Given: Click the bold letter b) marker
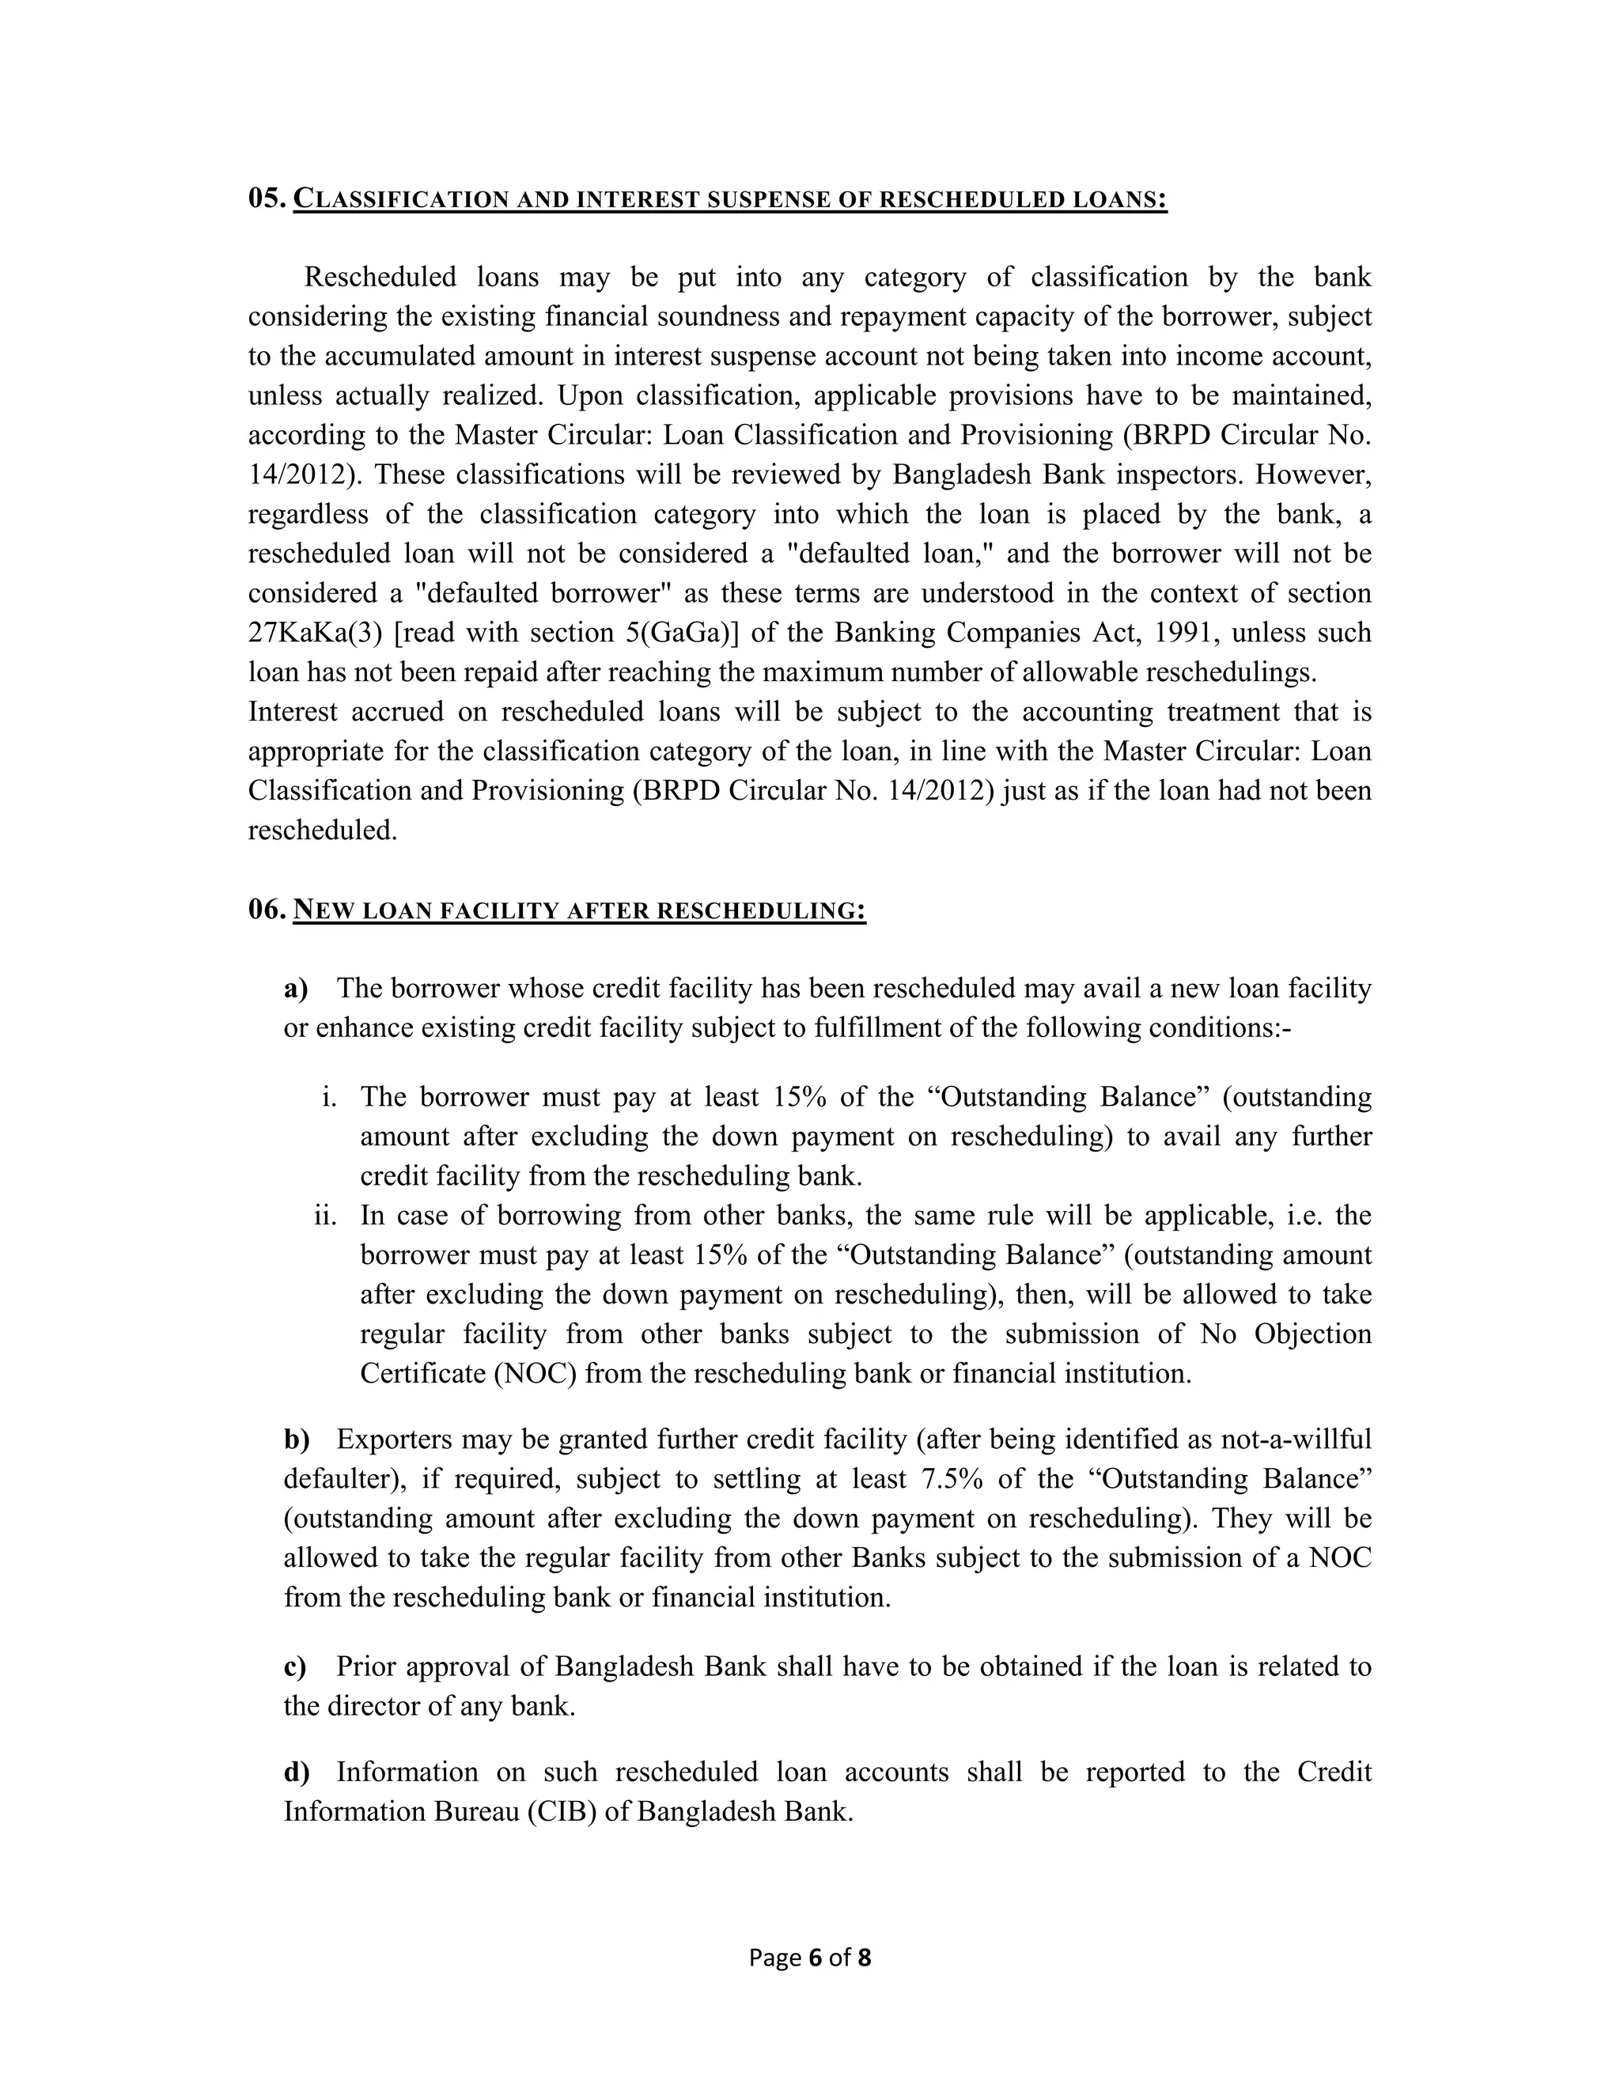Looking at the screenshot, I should [297, 1440].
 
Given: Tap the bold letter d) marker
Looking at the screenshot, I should [297, 1773].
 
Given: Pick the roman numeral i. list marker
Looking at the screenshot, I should [329, 1097].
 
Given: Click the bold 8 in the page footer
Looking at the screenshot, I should [864, 1958].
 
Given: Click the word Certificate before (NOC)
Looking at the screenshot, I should [423, 1373].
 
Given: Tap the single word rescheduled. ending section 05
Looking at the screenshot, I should [323, 830].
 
